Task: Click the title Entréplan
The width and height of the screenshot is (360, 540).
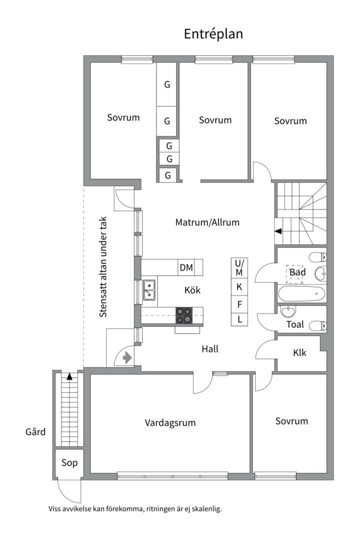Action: click(x=213, y=34)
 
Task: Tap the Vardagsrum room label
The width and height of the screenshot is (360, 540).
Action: click(x=170, y=423)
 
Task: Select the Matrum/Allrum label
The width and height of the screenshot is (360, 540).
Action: click(x=207, y=222)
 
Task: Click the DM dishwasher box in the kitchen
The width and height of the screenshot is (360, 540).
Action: click(x=186, y=267)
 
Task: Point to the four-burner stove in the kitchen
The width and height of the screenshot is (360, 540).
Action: click(x=183, y=315)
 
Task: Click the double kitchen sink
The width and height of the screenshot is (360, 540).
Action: click(x=149, y=290)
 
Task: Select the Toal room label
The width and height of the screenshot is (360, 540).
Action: click(x=295, y=324)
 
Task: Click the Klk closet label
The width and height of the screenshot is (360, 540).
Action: click(x=299, y=353)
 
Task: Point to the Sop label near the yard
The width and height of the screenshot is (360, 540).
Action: click(x=69, y=463)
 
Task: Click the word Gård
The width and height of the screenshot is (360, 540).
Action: click(x=35, y=431)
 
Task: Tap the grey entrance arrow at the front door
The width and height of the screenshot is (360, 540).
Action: click(x=126, y=357)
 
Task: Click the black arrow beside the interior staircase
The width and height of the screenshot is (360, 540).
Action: click(x=278, y=231)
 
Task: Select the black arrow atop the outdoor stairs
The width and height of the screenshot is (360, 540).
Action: click(x=69, y=376)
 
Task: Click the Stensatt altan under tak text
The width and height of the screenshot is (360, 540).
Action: click(x=103, y=267)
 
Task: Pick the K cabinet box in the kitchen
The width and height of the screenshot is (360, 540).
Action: click(x=239, y=287)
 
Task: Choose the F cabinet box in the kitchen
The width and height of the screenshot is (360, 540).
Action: click(x=239, y=303)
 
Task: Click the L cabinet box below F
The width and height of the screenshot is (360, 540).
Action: click(x=239, y=319)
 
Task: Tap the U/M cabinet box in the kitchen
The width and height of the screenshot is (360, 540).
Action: click(x=239, y=268)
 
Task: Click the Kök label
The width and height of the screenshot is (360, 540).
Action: click(x=192, y=290)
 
